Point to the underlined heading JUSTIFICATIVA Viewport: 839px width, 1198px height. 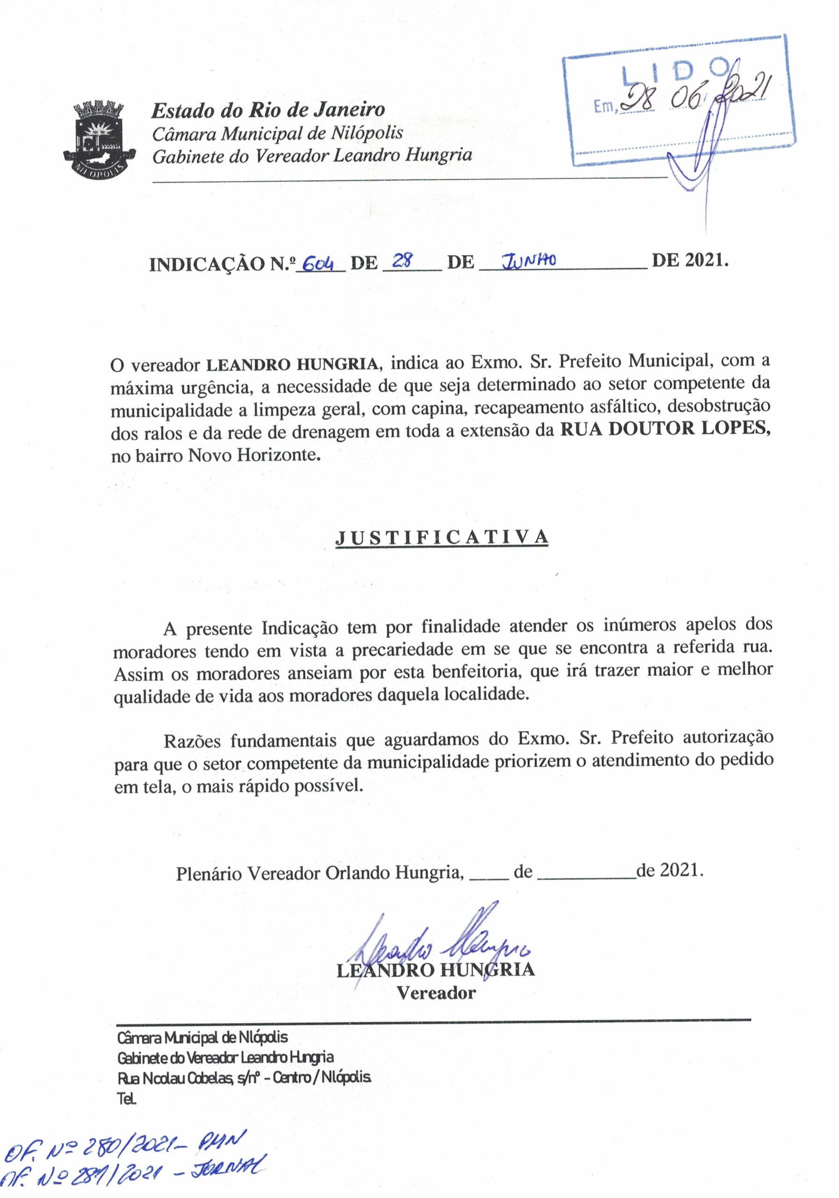click(x=441, y=537)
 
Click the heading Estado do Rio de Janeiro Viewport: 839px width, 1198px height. click(x=268, y=110)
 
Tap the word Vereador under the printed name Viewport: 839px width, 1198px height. click(x=436, y=993)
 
